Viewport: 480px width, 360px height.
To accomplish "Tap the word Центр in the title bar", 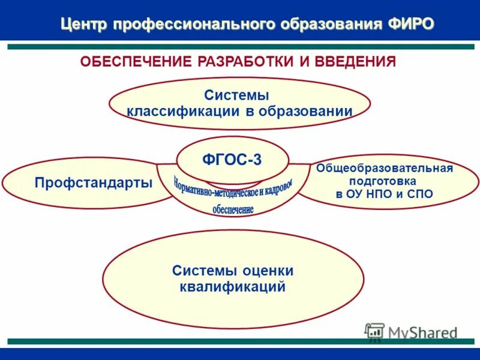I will click(85, 23).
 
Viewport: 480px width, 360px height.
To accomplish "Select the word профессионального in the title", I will click(195, 23).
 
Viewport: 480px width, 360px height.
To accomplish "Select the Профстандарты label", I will click(93, 182).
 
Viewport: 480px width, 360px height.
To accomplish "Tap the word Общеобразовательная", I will click(385, 168).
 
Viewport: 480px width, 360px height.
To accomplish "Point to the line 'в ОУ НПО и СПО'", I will click(384, 194).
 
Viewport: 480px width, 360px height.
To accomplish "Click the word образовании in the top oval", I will click(307, 111).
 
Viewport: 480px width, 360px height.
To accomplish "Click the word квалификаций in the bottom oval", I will click(232, 287).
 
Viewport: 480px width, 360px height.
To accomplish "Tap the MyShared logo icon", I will click(374, 331).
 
